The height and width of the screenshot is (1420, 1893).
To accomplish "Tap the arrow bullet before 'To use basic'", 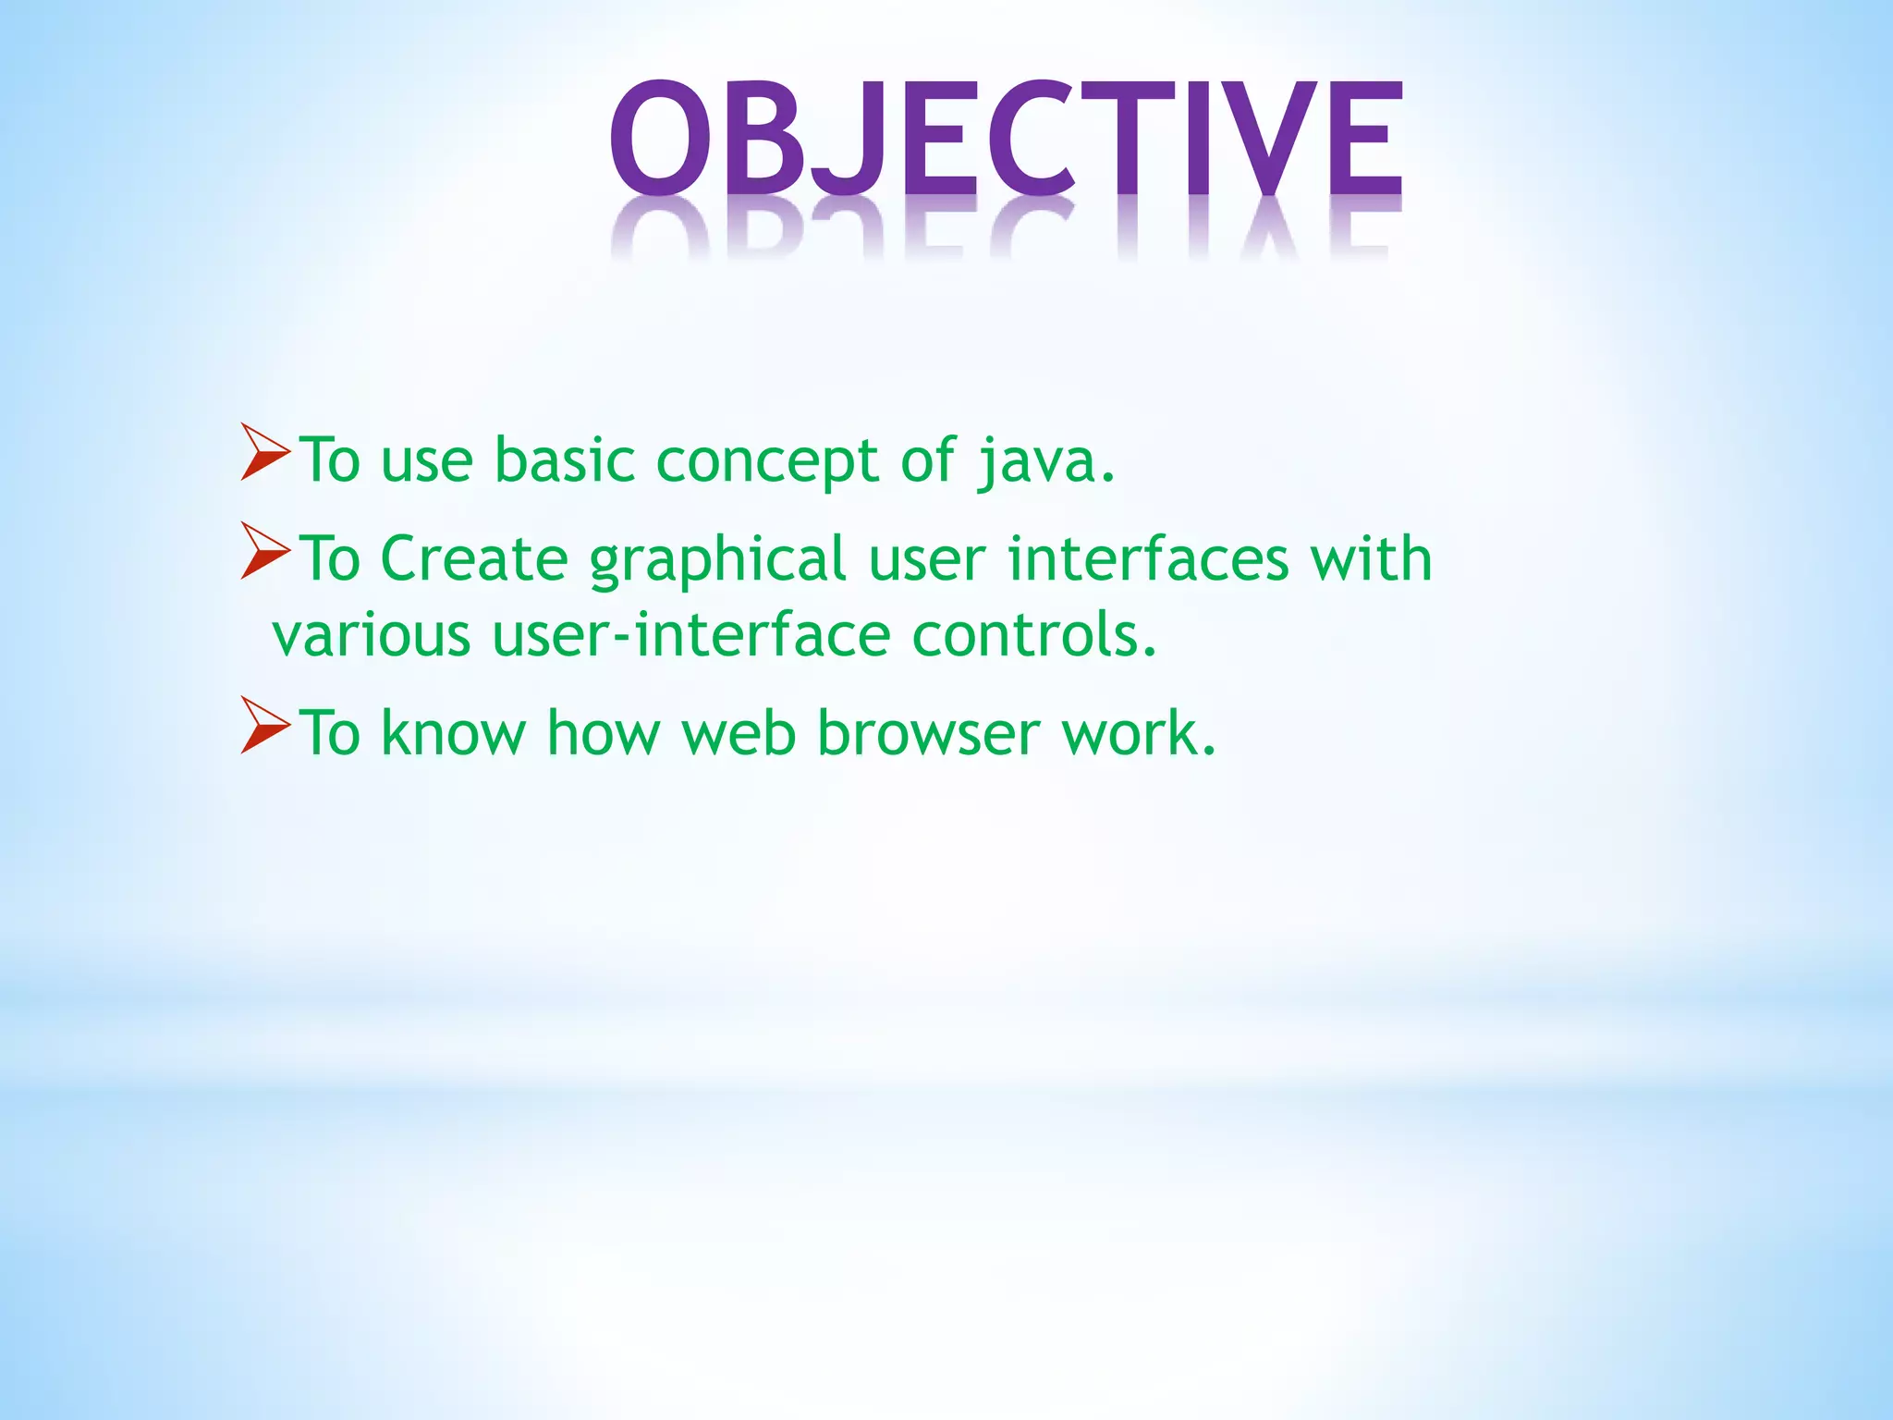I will point(264,453).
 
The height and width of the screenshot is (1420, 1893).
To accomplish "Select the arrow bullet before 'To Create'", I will point(264,551).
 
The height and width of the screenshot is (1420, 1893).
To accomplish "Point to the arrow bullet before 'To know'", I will point(264,726).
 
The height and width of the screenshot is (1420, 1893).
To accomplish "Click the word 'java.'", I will point(1046,460).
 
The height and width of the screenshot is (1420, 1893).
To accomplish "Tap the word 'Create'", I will point(474,558).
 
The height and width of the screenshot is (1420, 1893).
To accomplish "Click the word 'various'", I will point(371,636).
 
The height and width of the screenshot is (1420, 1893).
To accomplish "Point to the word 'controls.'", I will point(1034,635).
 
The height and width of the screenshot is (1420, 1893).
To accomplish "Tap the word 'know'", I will point(453,732).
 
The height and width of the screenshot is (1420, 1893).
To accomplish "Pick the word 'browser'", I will point(928,732).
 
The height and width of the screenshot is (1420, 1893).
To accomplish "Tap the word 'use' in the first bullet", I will point(427,461).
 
